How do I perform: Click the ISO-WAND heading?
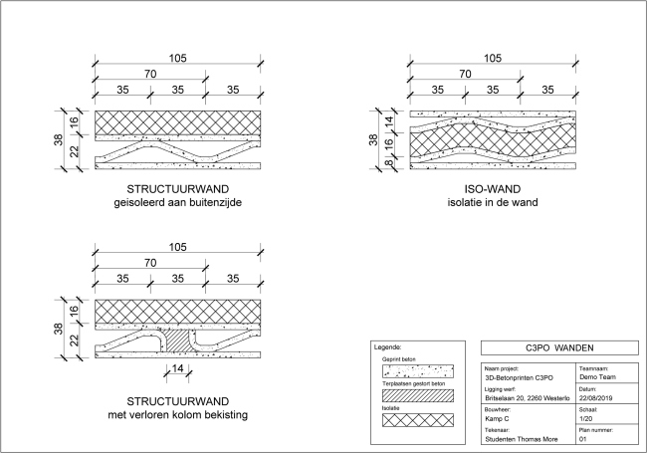point(493,189)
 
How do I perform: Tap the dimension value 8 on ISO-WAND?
point(388,157)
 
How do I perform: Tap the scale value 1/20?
point(586,419)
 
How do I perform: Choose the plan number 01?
point(582,438)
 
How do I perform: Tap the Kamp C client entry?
point(498,419)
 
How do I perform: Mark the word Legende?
point(387,347)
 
